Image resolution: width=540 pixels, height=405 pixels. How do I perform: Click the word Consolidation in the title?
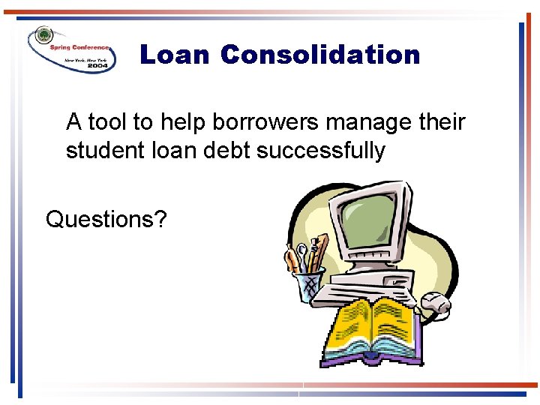(320, 55)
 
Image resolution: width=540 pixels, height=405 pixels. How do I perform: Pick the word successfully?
(320, 151)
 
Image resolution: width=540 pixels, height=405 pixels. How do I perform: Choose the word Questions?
(106, 219)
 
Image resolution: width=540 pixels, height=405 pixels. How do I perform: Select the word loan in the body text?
(170, 151)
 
